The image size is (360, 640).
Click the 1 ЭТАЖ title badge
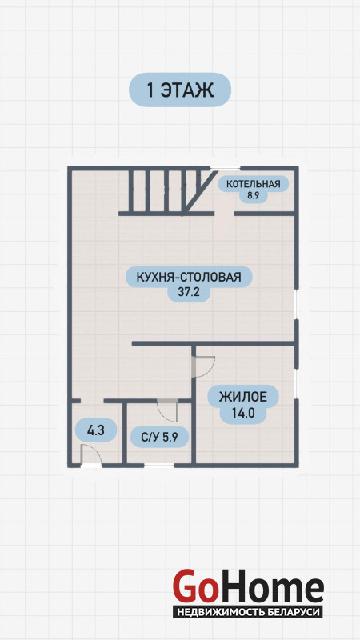(x=180, y=90)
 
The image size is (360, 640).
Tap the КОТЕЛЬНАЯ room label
(x=254, y=184)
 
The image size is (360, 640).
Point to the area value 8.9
(x=253, y=195)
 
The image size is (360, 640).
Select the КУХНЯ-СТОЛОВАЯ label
(x=189, y=277)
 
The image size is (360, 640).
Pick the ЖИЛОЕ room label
(x=243, y=396)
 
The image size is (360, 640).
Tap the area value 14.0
(x=243, y=413)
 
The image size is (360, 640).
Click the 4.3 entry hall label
(x=96, y=430)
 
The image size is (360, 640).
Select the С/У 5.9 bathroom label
(x=159, y=437)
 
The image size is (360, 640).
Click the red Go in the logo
(x=194, y=587)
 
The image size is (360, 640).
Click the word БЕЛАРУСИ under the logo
(x=295, y=612)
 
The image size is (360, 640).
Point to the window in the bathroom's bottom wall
(x=158, y=465)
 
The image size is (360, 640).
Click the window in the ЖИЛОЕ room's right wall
(x=297, y=385)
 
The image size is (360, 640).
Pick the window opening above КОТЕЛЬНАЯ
(x=225, y=168)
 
